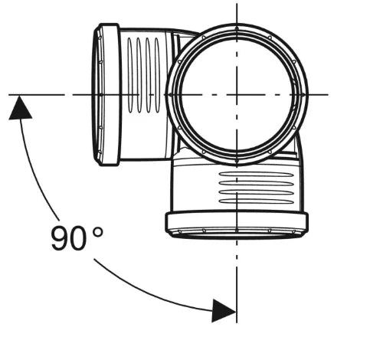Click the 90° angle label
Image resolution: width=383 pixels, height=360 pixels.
click(77, 238)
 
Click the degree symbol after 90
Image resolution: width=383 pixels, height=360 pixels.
click(98, 232)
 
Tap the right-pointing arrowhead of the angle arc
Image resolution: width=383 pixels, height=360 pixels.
click(224, 311)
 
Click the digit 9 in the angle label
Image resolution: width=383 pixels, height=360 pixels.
click(60, 238)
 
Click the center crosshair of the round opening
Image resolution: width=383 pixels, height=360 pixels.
click(237, 95)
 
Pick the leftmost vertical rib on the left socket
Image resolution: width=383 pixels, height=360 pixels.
click(129, 75)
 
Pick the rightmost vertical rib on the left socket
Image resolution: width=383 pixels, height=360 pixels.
click(157, 75)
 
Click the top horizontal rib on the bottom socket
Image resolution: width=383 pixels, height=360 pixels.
click(257, 175)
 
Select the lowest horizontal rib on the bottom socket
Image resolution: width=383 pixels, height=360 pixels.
click(257, 201)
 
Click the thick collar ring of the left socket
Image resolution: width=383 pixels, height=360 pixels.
click(110, 95)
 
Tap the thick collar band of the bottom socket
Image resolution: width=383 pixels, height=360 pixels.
click(237, 221)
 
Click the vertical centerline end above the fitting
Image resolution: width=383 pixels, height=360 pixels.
click(237, 4)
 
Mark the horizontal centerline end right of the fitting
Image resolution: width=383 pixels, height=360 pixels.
click(328, 95)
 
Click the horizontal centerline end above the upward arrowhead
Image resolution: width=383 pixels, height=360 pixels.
click(9, 95)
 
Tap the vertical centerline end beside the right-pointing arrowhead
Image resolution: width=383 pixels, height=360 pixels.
click(237, 322)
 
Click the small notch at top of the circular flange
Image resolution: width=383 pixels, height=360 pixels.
click(237, 28)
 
